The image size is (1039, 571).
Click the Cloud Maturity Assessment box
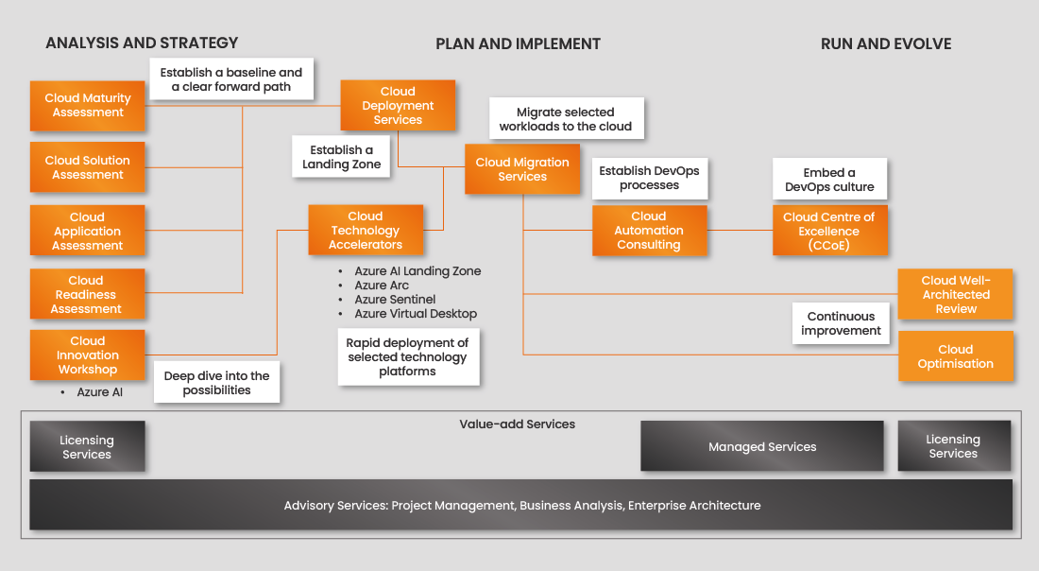[x=88, y=105]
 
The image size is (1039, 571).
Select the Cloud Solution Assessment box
[x=88, y=167]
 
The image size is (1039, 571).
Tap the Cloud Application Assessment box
[x=88, y=231]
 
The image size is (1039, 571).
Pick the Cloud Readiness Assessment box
[x=87, y=294]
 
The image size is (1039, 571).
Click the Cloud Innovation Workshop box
[x=88, y=355]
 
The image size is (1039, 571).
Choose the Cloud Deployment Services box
[x=398, y=105]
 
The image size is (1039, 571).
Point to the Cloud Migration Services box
[x=522, y=169]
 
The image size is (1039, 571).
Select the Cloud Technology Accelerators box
[x=366, y=230]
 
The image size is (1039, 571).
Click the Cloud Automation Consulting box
[x=649, y=231]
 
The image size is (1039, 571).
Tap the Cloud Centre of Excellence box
[x=829, y=231]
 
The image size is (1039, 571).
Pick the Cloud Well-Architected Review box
[x=956, y=294]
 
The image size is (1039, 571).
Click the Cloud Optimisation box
[x=956, y=356]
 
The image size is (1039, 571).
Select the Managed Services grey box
[x=762, y=446]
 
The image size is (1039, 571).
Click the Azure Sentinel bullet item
[x=395, y=300]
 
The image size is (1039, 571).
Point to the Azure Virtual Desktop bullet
[x=416, y=314]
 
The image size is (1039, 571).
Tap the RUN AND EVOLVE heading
[x=886, y=43]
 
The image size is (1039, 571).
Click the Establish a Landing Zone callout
[x=341, y=157]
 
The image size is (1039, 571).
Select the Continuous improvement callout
[x=841, y=323]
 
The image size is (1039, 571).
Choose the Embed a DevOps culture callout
[x=829, y=180]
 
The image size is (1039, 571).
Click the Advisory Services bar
[x=521, y=505]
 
